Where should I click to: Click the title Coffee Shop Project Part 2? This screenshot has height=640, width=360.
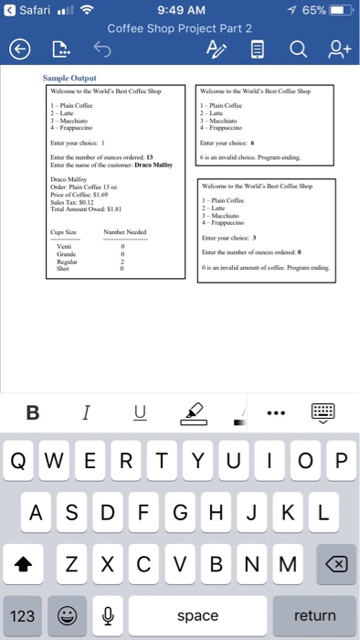(x=179, y=27)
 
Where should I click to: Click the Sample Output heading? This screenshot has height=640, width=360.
(x=70, y=79)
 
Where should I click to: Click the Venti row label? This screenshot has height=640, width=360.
(x=63, y=228)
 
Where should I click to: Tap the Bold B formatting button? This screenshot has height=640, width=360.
(x=32, y=413)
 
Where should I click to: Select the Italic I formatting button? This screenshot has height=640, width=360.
(x=85, y=413)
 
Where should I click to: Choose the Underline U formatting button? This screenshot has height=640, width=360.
(x=139, y=413)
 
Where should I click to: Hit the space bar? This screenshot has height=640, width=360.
(x=197, y=615)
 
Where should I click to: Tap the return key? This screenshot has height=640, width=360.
(x=314, y=615)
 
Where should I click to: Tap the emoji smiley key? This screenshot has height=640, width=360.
(x=69, y=615)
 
